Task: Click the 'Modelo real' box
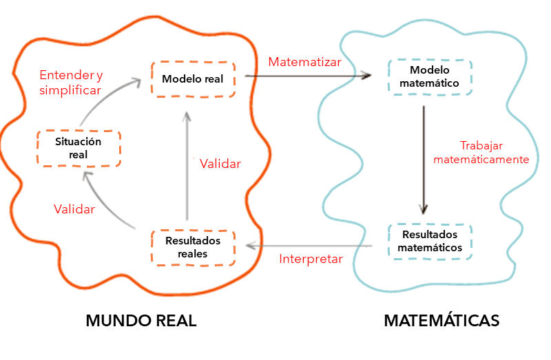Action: point(193,79)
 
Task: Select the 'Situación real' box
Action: point(79,148)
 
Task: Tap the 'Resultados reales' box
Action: point(193,247)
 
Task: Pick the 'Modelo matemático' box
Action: point(430,77)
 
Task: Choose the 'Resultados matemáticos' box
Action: point(430,241)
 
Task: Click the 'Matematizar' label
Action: point(304,62)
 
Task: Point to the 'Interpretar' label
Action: point(311,259)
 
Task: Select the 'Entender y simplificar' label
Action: point(70,82)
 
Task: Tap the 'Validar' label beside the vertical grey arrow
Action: point(220,164)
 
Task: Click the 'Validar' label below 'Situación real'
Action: point(74,209)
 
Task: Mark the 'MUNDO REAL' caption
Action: point(141,321)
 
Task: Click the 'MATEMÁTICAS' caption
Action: point(441,321)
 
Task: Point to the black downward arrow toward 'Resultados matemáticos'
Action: point(424,158)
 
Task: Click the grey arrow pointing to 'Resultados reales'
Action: point(310,246)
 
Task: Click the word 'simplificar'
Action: point(70,90)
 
